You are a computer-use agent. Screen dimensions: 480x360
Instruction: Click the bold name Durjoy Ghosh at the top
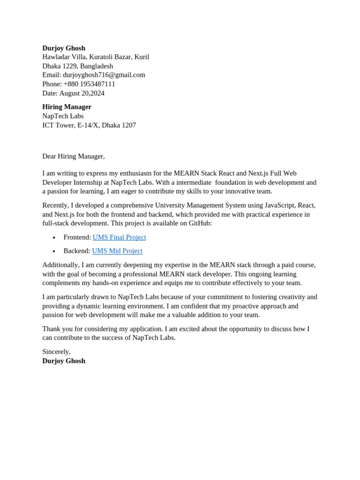tap(64, 48)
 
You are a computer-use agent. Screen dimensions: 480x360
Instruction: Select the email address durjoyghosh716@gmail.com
tap(104, 75)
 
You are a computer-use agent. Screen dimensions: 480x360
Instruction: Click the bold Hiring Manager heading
tap(67, 107)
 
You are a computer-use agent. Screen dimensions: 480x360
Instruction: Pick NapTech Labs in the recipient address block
tap(63, 116)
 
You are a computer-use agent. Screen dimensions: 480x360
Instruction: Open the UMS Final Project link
tap(119, 237)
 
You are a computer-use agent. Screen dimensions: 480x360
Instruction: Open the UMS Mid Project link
tap(117, 251)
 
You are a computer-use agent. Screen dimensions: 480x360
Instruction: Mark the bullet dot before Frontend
tap(54, 238)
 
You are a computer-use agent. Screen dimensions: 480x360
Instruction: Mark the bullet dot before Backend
tap(54, 252)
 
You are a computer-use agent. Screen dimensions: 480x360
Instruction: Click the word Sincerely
tap(56, 352)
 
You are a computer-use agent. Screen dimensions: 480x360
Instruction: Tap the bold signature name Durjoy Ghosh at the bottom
tap(64, 361)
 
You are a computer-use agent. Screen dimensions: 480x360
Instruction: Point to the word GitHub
tap(200, 223)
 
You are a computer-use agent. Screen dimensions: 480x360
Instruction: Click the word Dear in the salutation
tap(49, 156)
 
